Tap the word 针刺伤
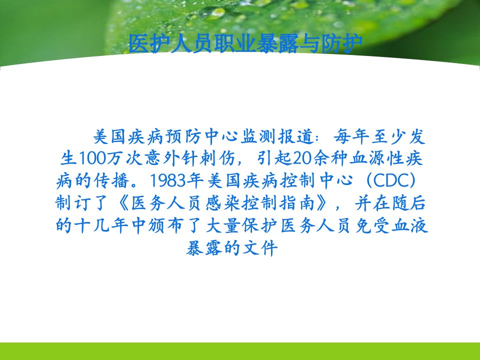click(208, 158)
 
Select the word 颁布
click(166, 225)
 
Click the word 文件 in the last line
click(260, 247)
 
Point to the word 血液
click(410, 225)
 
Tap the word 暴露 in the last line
click(204, 247)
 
